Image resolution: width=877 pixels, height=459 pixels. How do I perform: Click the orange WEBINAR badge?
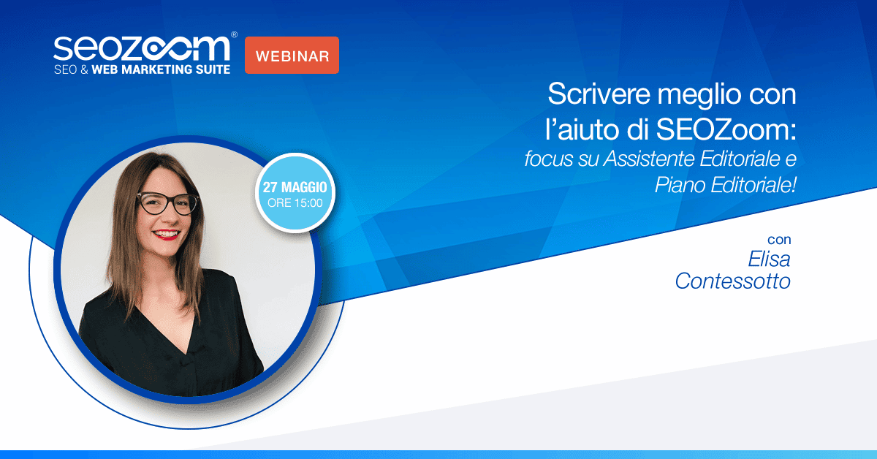coord(292,56)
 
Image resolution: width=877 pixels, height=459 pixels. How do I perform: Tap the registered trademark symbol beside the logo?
coord(233,34)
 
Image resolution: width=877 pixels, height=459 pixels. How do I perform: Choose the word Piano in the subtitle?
coord(675,185)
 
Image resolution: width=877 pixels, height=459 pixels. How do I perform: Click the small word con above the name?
coord(779,240)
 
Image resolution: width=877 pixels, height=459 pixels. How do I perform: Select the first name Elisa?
coord(769,259)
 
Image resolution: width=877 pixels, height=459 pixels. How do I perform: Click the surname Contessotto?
coord(732,281)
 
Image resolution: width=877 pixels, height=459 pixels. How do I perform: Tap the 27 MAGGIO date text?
coord(295,189)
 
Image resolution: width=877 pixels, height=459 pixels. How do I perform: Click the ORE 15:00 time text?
coord(295,203)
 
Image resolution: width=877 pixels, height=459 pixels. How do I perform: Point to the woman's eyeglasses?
coord(167,202)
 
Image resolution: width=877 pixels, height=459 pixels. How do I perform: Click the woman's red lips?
coord(165,235)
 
